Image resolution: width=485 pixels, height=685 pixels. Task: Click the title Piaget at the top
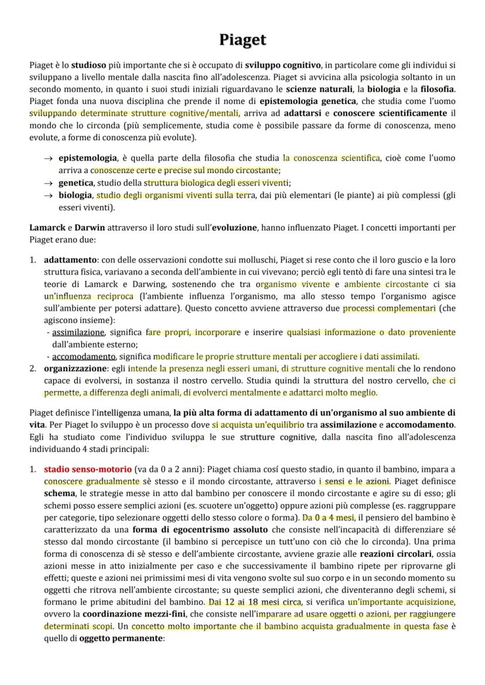pyautogui.click(x=243, y=40)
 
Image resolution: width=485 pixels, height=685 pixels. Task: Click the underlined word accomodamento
pyautogui.click(x=84, y=356)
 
